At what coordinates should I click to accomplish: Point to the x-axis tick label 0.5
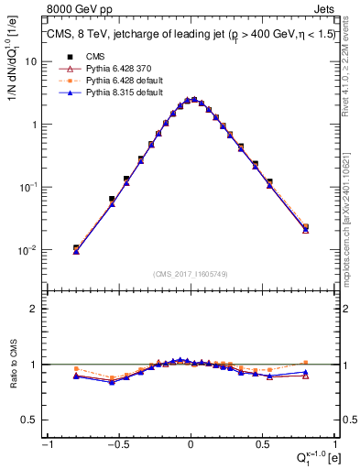(264, 444)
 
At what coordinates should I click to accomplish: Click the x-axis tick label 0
(191, 444)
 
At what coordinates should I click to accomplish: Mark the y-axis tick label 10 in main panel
(31, 61)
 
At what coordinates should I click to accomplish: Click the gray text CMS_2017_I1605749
(191, 275)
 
